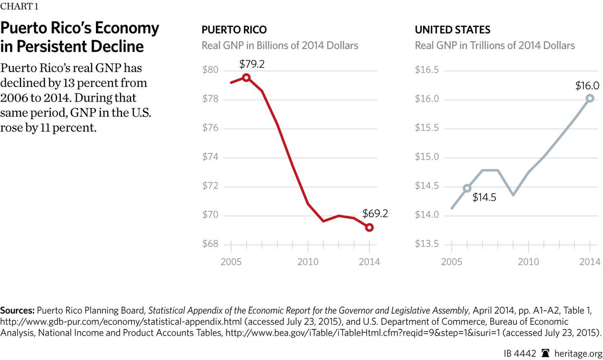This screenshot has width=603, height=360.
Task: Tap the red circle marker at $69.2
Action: coord(369,228)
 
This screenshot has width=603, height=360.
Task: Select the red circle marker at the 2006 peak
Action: coord(246,77)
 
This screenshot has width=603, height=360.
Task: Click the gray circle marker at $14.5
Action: coord(467,188)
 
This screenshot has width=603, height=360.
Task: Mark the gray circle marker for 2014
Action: coord(590,99)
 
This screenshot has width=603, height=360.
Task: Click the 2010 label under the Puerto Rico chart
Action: coord(307,262)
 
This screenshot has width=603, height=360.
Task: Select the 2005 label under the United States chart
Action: coord(451,262)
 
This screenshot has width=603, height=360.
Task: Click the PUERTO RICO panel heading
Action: coord(234,30)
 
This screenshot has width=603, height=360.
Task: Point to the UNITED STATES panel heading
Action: coord(452,30)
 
